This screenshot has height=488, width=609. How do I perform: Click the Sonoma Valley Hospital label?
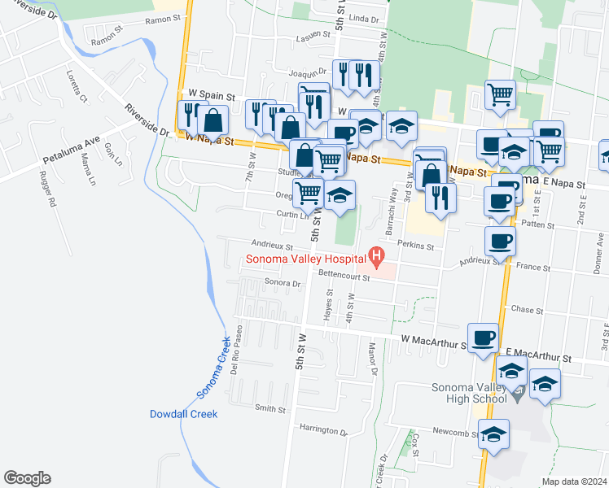coord(304,260)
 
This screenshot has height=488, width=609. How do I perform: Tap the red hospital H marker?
coord(376,259)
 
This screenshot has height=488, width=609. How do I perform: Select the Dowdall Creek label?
coord(183,414)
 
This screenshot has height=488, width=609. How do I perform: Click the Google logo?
coord(27,478)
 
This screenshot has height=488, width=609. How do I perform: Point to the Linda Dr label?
coord(364,18)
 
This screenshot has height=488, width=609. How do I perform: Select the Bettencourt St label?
coord(344,277)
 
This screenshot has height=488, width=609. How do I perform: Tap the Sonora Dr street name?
coord(283,283)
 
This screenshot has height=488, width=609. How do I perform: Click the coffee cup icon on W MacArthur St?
coord(483,338)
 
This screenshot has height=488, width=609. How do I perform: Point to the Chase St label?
coord(527,310)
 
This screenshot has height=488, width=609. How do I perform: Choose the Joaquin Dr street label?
coord(306,72)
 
